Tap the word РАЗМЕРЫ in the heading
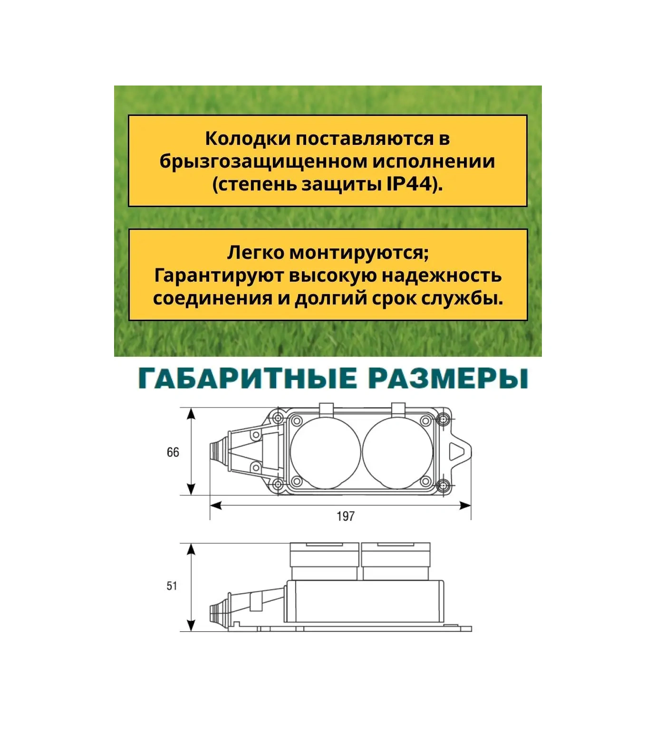pos(448,379)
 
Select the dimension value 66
pos(173,452)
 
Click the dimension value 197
pos(346,516)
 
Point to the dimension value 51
pos(172,586)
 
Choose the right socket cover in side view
pos(396,561)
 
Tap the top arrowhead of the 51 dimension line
pos(191,550)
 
